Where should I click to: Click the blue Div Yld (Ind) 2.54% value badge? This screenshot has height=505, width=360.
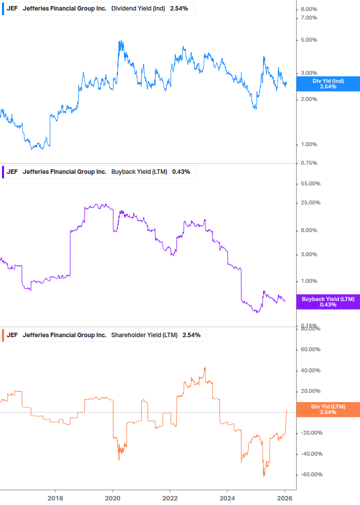328,83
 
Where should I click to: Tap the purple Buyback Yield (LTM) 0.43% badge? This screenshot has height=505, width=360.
328,302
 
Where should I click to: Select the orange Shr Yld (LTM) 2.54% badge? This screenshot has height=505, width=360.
328,409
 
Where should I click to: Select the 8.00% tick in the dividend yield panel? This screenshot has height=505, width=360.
309,10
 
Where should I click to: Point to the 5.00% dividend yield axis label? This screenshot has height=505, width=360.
309,40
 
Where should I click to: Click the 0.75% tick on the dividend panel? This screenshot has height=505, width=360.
309,163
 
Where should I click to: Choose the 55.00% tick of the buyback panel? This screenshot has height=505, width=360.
310,184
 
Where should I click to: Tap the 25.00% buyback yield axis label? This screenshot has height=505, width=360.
310,203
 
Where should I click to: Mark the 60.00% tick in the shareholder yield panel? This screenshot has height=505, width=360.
310,350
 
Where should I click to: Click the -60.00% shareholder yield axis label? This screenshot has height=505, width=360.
309,475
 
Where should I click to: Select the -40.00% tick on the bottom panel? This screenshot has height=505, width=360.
309,454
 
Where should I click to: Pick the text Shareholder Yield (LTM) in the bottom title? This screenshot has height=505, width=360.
144,335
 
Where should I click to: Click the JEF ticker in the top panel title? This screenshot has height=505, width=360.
12,9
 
